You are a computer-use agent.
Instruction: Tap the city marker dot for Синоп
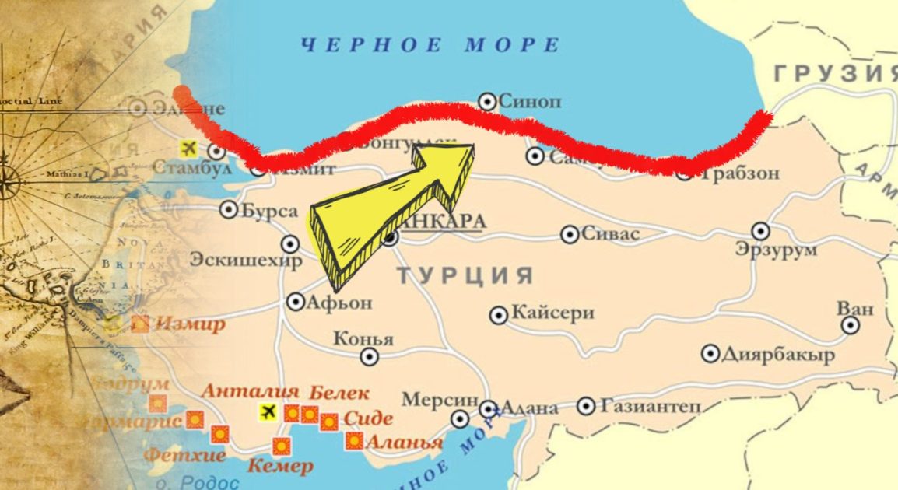487,100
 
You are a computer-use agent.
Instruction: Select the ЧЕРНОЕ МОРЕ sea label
430,44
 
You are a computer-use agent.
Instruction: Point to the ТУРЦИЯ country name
465,275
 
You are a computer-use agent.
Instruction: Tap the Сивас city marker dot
570,234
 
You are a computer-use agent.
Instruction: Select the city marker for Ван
851,325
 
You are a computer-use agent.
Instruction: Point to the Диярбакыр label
778,355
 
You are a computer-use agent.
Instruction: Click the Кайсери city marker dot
499,315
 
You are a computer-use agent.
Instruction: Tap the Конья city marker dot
370,357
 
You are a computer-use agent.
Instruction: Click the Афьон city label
341,302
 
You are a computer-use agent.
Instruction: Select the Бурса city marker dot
229,208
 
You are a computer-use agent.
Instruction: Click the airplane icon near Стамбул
188,148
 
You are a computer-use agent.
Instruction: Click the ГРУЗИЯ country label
835,74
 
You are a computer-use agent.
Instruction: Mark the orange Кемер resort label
280,467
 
